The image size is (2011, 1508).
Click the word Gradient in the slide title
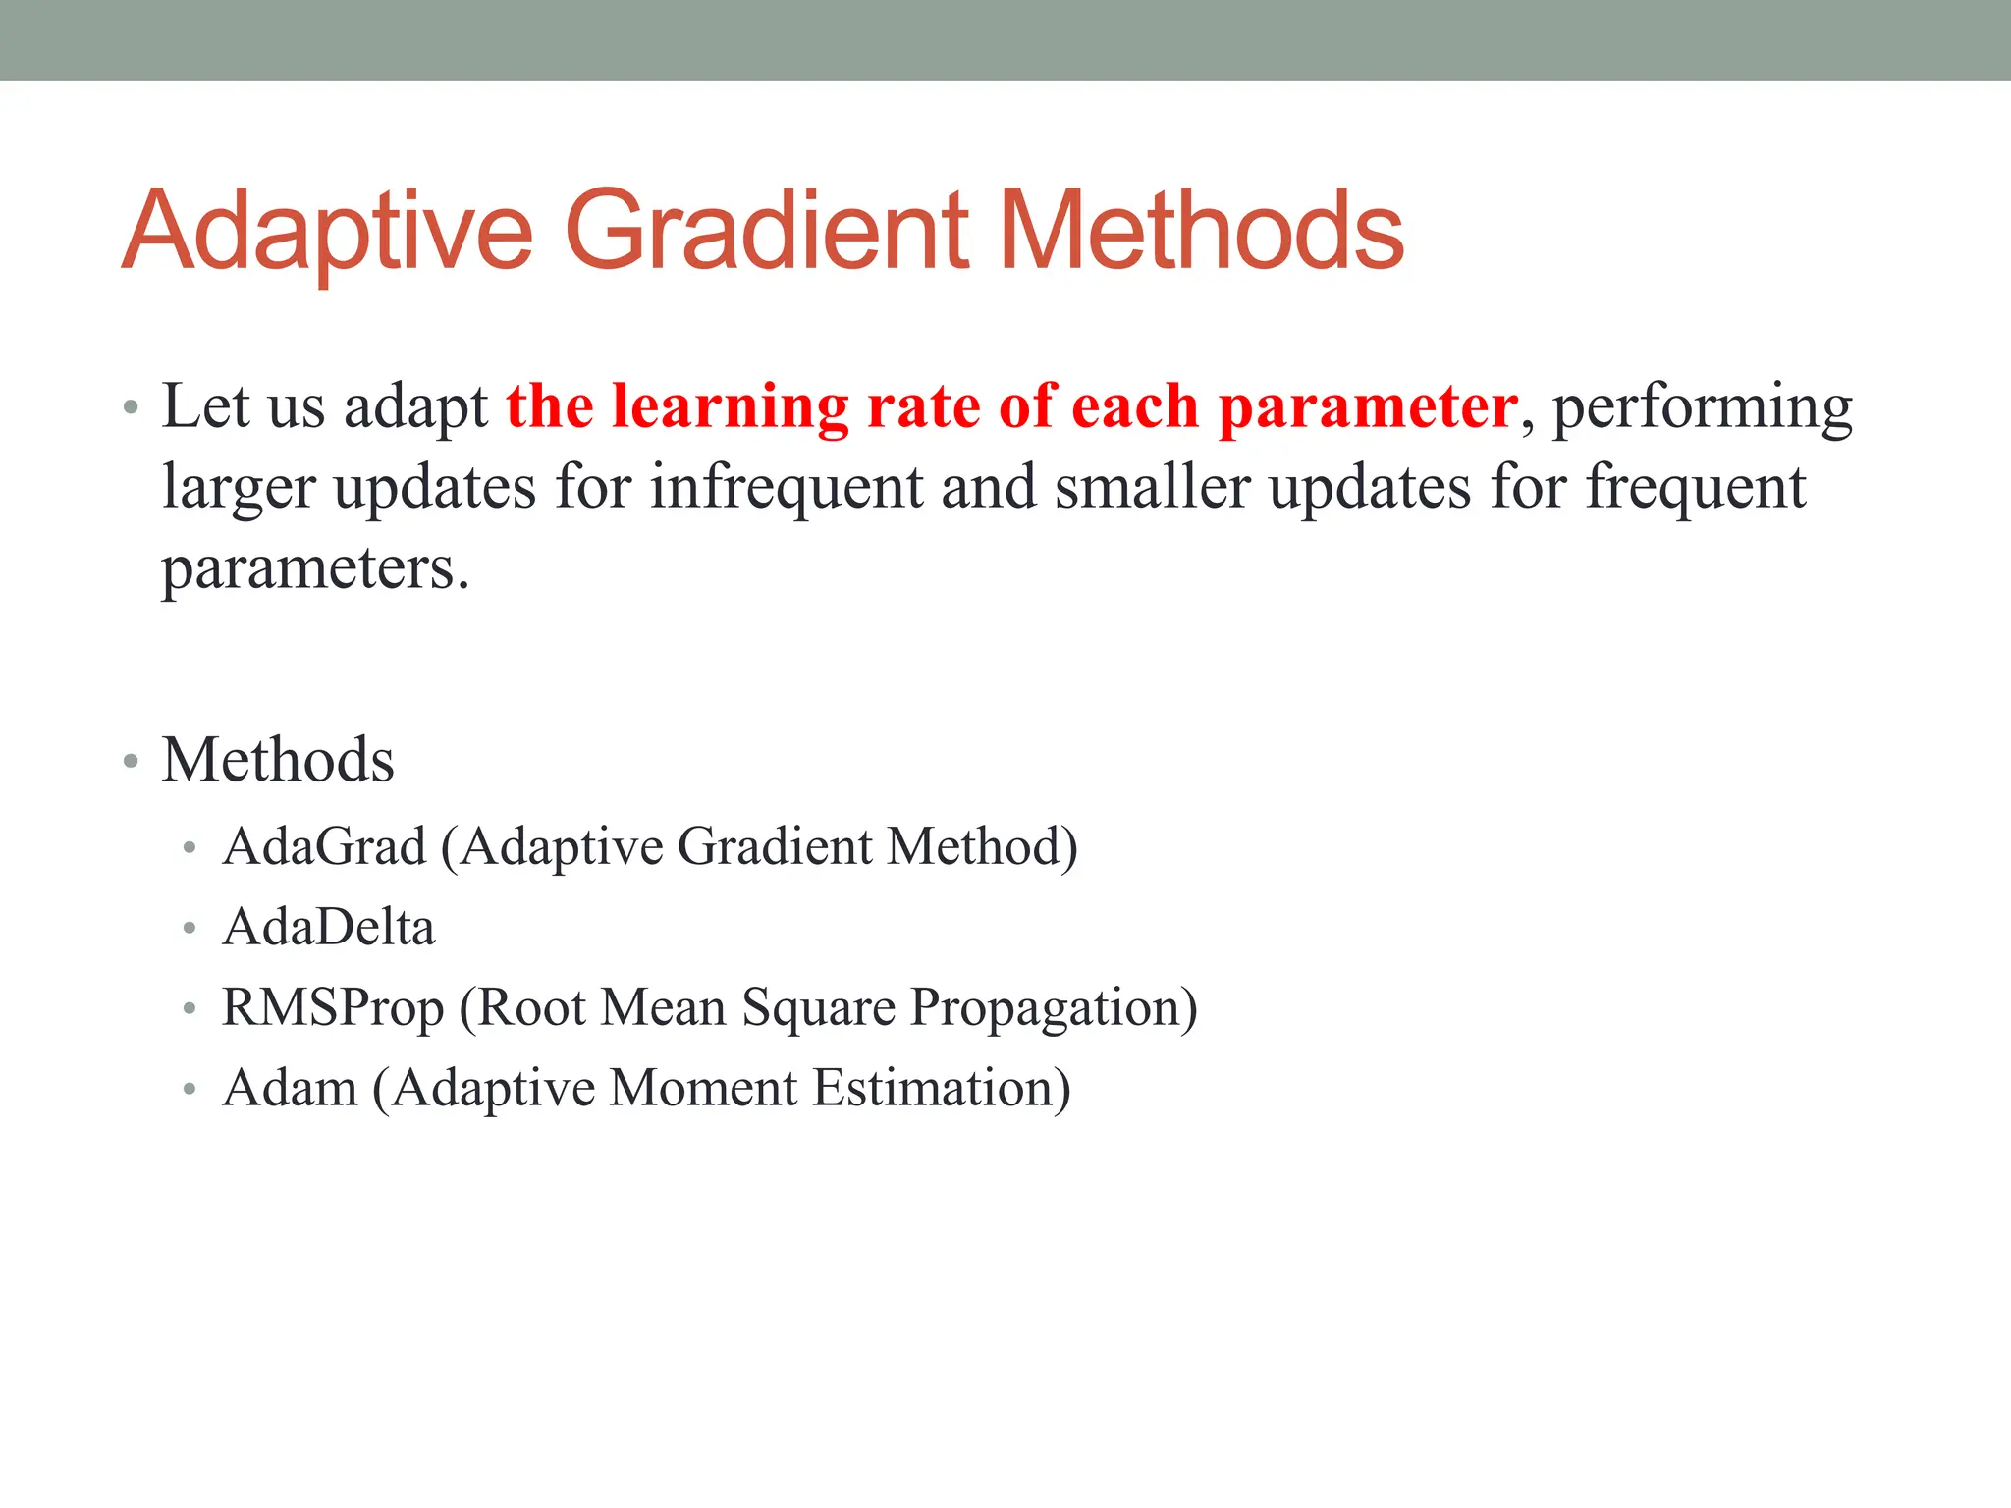(x=767, y=231)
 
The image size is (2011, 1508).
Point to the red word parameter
(x=1368, y=407)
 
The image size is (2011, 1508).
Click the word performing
(x=1702, y=407)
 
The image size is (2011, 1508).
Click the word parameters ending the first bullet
(x=315, y=568)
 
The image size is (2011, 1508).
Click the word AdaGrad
(x=324, y=845)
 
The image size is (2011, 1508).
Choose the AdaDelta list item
(x=329, y=927)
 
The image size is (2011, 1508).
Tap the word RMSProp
(x=333, y=1008)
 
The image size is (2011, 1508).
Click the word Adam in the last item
(x=290, y=1088)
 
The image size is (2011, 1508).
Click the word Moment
(x=703, y=1088)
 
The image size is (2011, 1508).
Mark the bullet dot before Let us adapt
(x=131, y=407)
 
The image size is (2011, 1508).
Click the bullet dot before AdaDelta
(x=190, y=928)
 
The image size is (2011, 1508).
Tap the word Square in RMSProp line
(x=818, y=1008)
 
